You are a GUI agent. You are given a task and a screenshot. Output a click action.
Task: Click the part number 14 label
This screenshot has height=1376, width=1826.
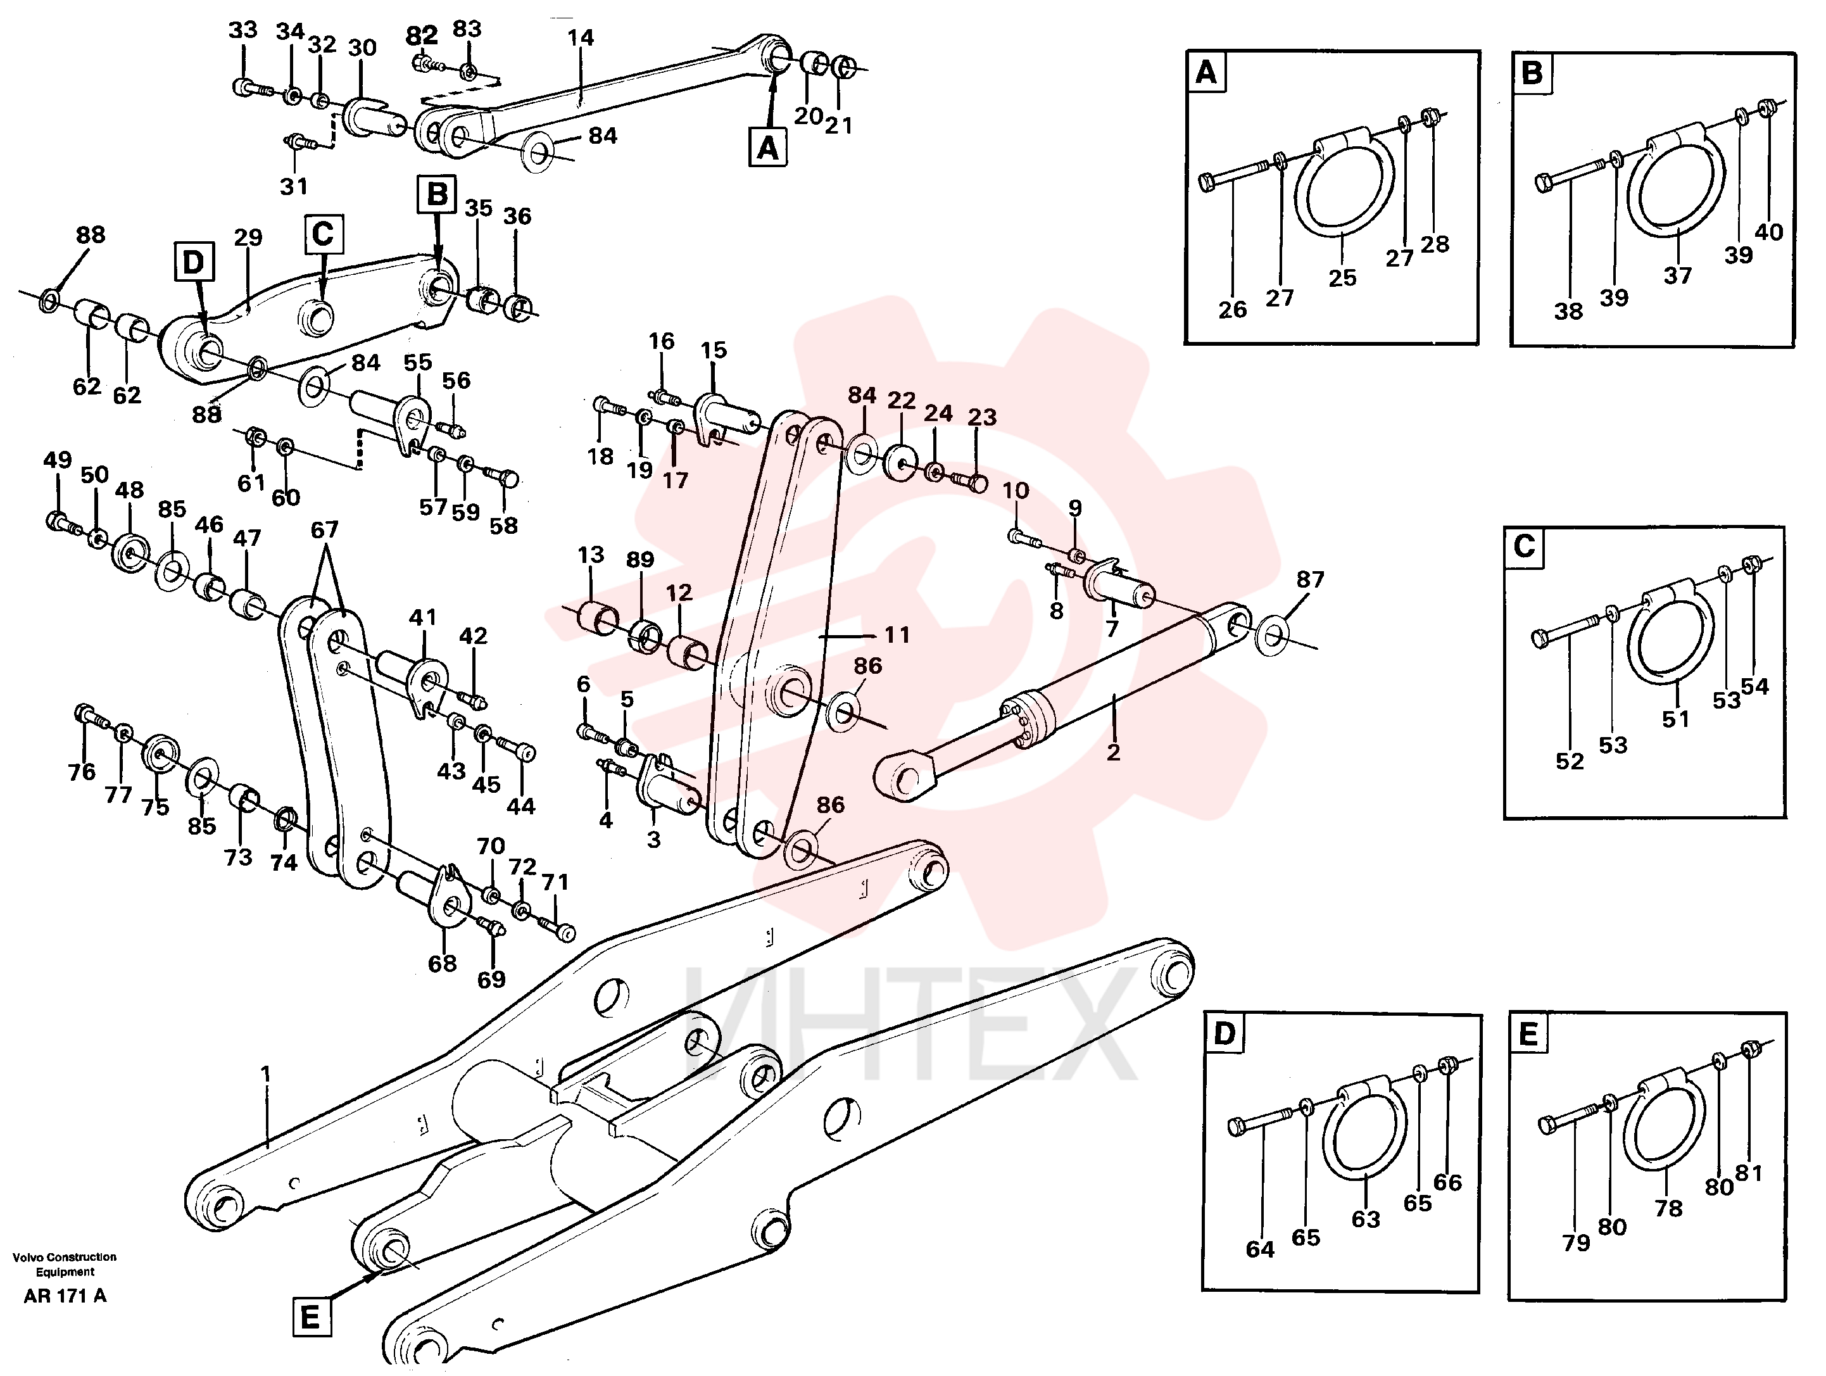581,37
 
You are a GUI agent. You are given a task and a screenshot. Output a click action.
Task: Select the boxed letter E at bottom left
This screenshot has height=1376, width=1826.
310,1316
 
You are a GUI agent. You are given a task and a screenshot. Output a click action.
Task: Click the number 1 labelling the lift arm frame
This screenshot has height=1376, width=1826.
266,1073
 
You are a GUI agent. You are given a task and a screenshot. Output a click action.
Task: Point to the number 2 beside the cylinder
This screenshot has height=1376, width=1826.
1114,752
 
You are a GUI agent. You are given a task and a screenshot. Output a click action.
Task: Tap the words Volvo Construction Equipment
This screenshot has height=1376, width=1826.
65,1264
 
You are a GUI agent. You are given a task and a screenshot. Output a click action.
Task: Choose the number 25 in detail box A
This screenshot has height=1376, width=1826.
1342,278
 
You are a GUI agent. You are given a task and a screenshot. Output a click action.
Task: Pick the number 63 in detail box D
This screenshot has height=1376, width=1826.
1365,1218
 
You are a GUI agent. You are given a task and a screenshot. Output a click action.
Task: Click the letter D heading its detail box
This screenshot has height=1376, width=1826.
1225,1033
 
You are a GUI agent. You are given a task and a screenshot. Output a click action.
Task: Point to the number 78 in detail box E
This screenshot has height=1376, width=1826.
1668,1208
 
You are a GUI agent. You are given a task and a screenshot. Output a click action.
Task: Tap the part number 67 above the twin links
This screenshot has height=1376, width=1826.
324,529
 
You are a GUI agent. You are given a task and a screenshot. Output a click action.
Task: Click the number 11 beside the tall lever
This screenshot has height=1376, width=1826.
897,634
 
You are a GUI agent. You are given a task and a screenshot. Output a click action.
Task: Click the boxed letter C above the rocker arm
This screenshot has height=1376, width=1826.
324,234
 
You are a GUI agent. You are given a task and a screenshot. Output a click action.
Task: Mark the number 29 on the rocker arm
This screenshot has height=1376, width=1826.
248,237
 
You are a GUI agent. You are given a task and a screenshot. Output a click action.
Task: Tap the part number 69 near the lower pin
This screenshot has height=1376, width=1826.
491,979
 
